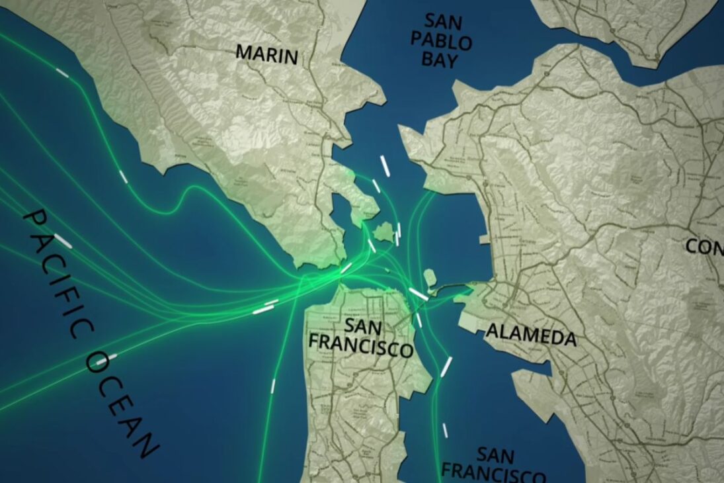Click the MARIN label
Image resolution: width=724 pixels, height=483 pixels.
coord(266,54)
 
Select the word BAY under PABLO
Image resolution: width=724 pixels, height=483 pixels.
coord(440,61)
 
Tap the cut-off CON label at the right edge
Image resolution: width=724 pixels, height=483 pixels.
coord(705,247)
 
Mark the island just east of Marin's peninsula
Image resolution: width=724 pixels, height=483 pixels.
coord(383,232)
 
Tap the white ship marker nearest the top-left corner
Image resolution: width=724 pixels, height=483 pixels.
coord(62,72)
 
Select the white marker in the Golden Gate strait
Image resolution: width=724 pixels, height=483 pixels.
coord(346,267)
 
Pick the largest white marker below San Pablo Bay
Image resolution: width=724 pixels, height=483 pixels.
coord(383,167)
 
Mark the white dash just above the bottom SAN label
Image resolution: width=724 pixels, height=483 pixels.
coord(444,430)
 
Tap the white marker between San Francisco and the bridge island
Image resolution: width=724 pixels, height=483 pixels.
coord(418,292)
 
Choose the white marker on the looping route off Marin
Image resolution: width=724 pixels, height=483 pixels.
coord(123,176)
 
